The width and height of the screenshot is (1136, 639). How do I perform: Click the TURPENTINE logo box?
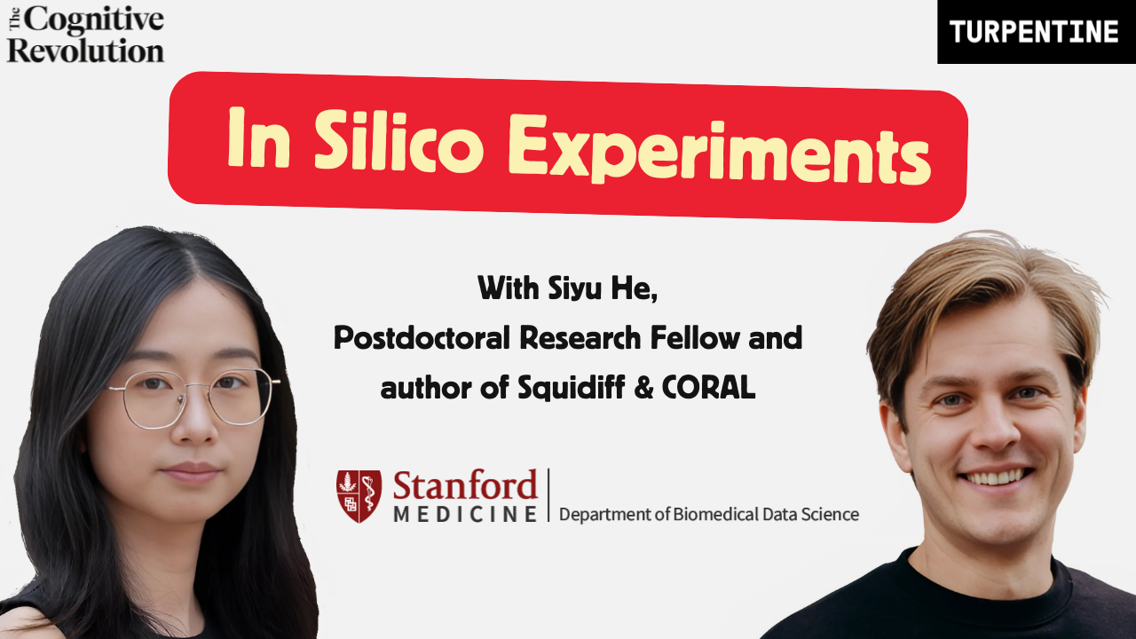coord(1035,32)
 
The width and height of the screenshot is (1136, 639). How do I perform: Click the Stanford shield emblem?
coord(359,496)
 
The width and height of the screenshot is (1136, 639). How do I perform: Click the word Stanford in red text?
coord(465,486)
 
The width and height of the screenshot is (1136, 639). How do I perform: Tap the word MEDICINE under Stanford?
coord(465,515)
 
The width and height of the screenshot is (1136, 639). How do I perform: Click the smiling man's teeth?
coord(993,477)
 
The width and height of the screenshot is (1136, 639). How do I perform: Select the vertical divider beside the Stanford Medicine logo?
coord(548,495)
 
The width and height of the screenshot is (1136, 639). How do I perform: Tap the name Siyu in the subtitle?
coord(570,288)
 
